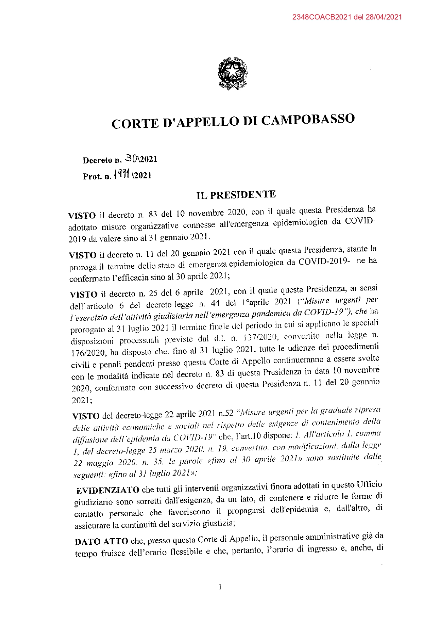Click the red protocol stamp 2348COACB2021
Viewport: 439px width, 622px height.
click(322, 17)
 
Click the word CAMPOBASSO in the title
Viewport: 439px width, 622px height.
click(308, 120)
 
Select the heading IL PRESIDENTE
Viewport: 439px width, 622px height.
click(236, 195)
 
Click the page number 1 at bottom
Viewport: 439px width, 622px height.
click(220, 587)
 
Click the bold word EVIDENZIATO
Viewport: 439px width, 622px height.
click(108, 490)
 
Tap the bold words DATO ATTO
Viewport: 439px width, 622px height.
click(101, 542)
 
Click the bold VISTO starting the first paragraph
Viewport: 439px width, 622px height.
click(82, 216)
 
